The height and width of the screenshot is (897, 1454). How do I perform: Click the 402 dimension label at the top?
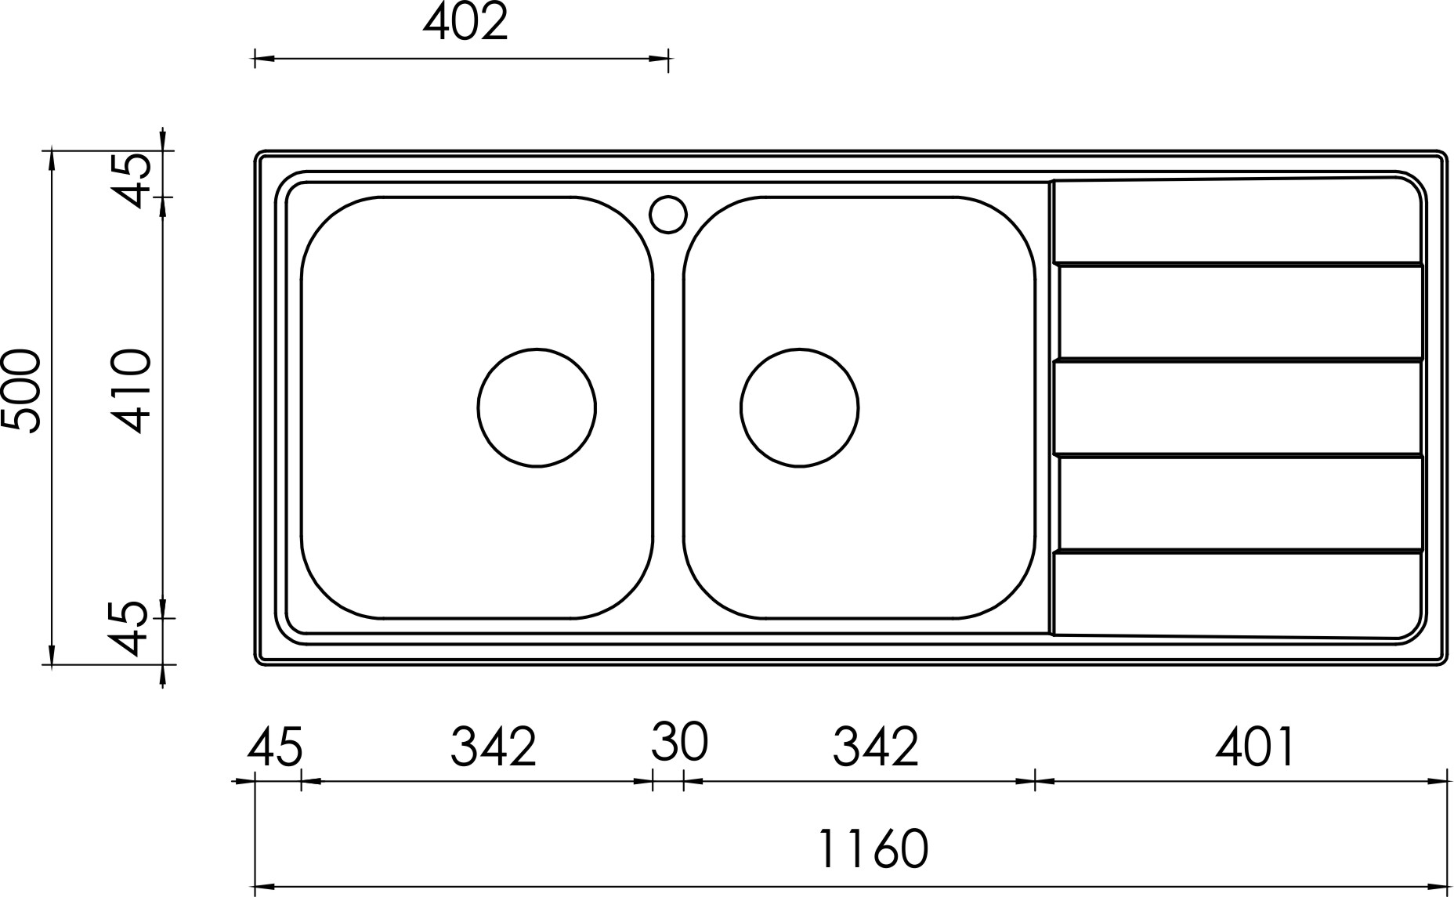click(465, 23)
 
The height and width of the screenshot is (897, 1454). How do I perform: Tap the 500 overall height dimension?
click(21, 391)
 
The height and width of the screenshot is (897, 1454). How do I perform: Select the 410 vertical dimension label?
click(130, 391)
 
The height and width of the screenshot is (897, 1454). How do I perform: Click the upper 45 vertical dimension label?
click(130, 179)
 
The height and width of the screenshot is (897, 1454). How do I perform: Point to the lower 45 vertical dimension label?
click(130, 628)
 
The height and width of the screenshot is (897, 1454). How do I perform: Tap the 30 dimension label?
click(679, 742)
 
